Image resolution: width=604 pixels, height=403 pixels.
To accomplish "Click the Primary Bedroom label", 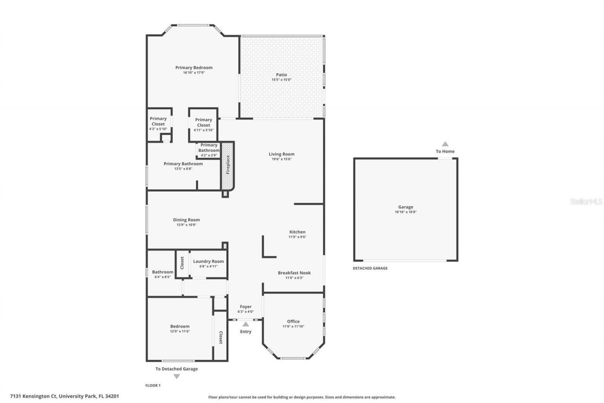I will [x=194, y=68].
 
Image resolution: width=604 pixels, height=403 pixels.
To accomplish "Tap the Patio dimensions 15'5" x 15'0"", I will [x=281, y=80].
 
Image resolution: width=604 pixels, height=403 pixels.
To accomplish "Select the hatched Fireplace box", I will [x=228, y=165].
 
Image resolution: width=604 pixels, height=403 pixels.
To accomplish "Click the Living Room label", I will [x=282, y=154].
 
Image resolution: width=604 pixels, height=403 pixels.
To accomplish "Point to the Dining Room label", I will [x=186, y=220].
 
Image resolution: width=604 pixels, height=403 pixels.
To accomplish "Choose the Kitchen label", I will [x=297, y=232].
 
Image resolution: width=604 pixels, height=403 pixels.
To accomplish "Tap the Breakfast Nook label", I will [x=294, y=273].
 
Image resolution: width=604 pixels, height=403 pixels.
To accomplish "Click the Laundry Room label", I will [x=208, y=261].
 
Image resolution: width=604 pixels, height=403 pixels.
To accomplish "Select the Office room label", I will [x=294, y=321].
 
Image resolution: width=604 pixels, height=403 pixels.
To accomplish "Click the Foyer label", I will [x=245, y=307].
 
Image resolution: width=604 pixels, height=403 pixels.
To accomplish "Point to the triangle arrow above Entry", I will [x=245, y=324].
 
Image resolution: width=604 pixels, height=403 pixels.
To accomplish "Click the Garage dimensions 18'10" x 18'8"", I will [x=405, y=212].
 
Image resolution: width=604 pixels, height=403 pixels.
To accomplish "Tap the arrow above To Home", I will [x=445, y=144].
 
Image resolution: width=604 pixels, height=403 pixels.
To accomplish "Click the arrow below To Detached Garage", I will [x=176, y=377].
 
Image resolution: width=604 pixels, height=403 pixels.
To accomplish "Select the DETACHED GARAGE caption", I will [x=370, y=268].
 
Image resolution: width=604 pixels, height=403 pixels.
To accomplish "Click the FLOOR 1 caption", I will [x=153, y=386].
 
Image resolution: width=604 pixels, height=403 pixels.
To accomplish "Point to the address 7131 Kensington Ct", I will [x=65, y=396].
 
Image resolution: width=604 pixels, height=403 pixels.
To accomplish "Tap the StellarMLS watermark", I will [x=586, y=201].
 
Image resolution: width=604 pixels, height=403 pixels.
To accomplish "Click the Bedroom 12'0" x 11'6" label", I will [x=180, y=326].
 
